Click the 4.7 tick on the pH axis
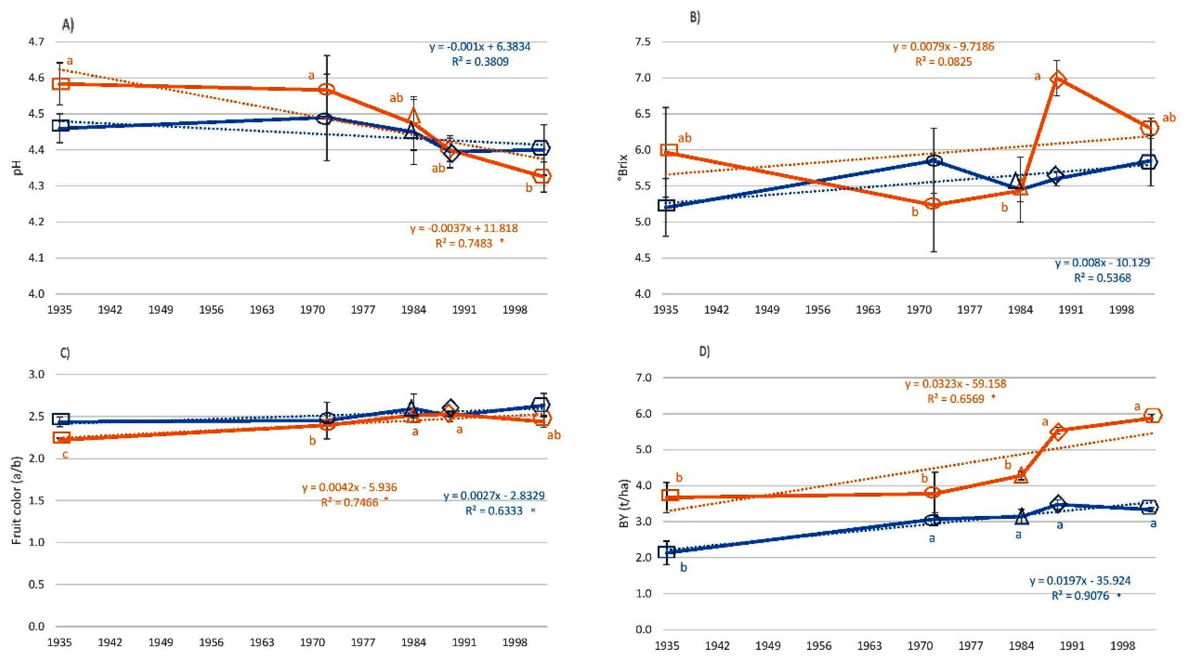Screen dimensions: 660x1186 pos(36,42)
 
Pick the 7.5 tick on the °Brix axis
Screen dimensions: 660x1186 pos(643,42)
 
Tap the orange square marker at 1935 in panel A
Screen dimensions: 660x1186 pos(61,84)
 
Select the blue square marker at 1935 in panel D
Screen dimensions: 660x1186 pos(667,551)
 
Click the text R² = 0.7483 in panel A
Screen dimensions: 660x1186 pos(464,243)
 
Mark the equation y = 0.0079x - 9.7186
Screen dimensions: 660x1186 pos(943,47)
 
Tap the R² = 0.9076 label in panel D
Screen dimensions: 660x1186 pos(1080,596)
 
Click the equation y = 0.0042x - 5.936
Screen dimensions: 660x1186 pos(350,487)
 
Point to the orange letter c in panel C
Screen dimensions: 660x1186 pos(65,455)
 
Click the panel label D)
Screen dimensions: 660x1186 pos(704,352)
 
